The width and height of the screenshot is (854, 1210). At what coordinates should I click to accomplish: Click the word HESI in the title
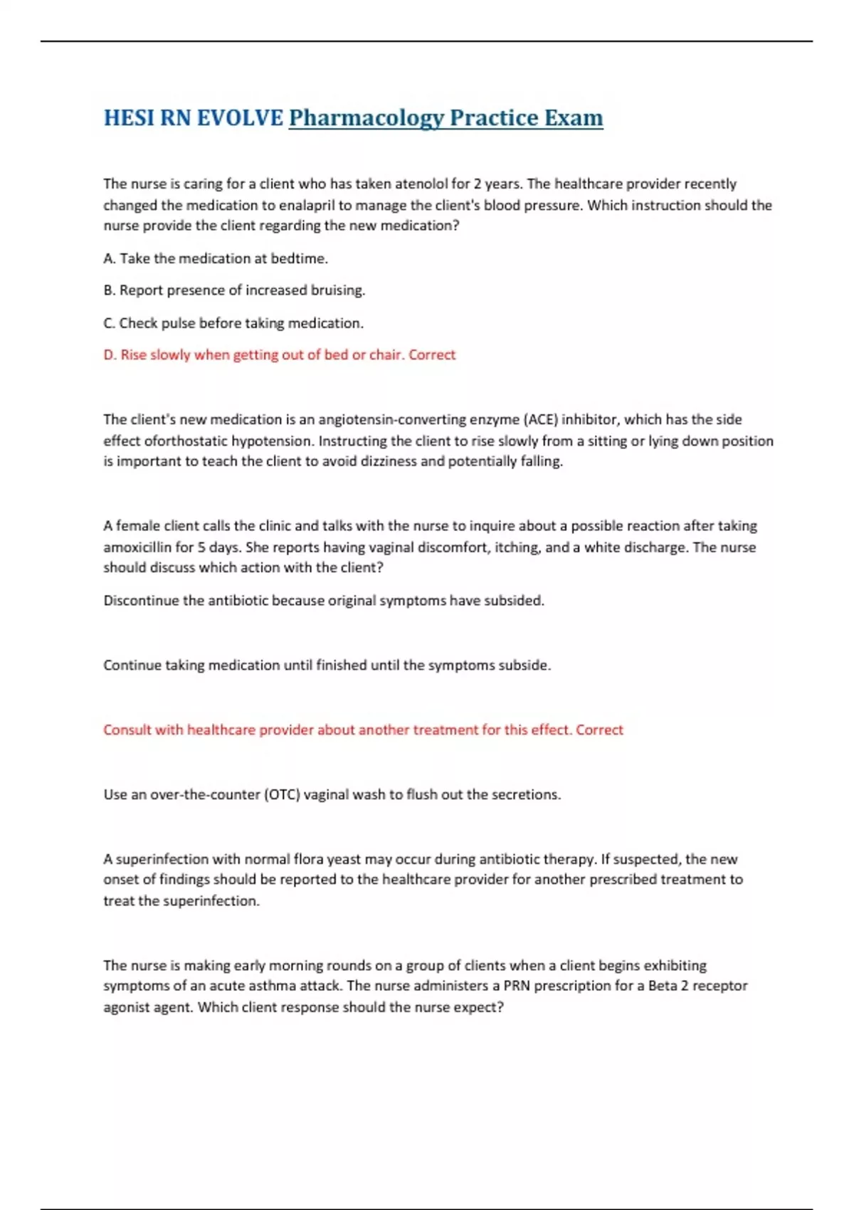coord(128,117)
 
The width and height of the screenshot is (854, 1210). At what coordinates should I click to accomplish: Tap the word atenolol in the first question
coord(421,184)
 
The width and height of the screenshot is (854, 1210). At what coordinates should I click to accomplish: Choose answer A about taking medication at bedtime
coord(216,258)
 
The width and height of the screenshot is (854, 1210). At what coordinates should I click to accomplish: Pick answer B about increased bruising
coord(234,290)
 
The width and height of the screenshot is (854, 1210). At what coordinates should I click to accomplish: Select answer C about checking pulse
coord(233,323)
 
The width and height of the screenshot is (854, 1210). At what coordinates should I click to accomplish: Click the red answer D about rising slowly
coord(279,354)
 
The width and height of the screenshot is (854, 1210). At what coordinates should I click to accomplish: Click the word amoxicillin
coord(137,547)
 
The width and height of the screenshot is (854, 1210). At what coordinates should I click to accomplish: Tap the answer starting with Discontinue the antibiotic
coord(324,601)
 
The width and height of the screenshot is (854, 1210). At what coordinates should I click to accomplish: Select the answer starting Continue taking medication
coord(327,665)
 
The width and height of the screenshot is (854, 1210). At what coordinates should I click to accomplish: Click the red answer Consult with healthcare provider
coord(363,730)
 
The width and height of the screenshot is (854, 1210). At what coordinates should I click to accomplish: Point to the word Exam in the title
coord(574,117)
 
